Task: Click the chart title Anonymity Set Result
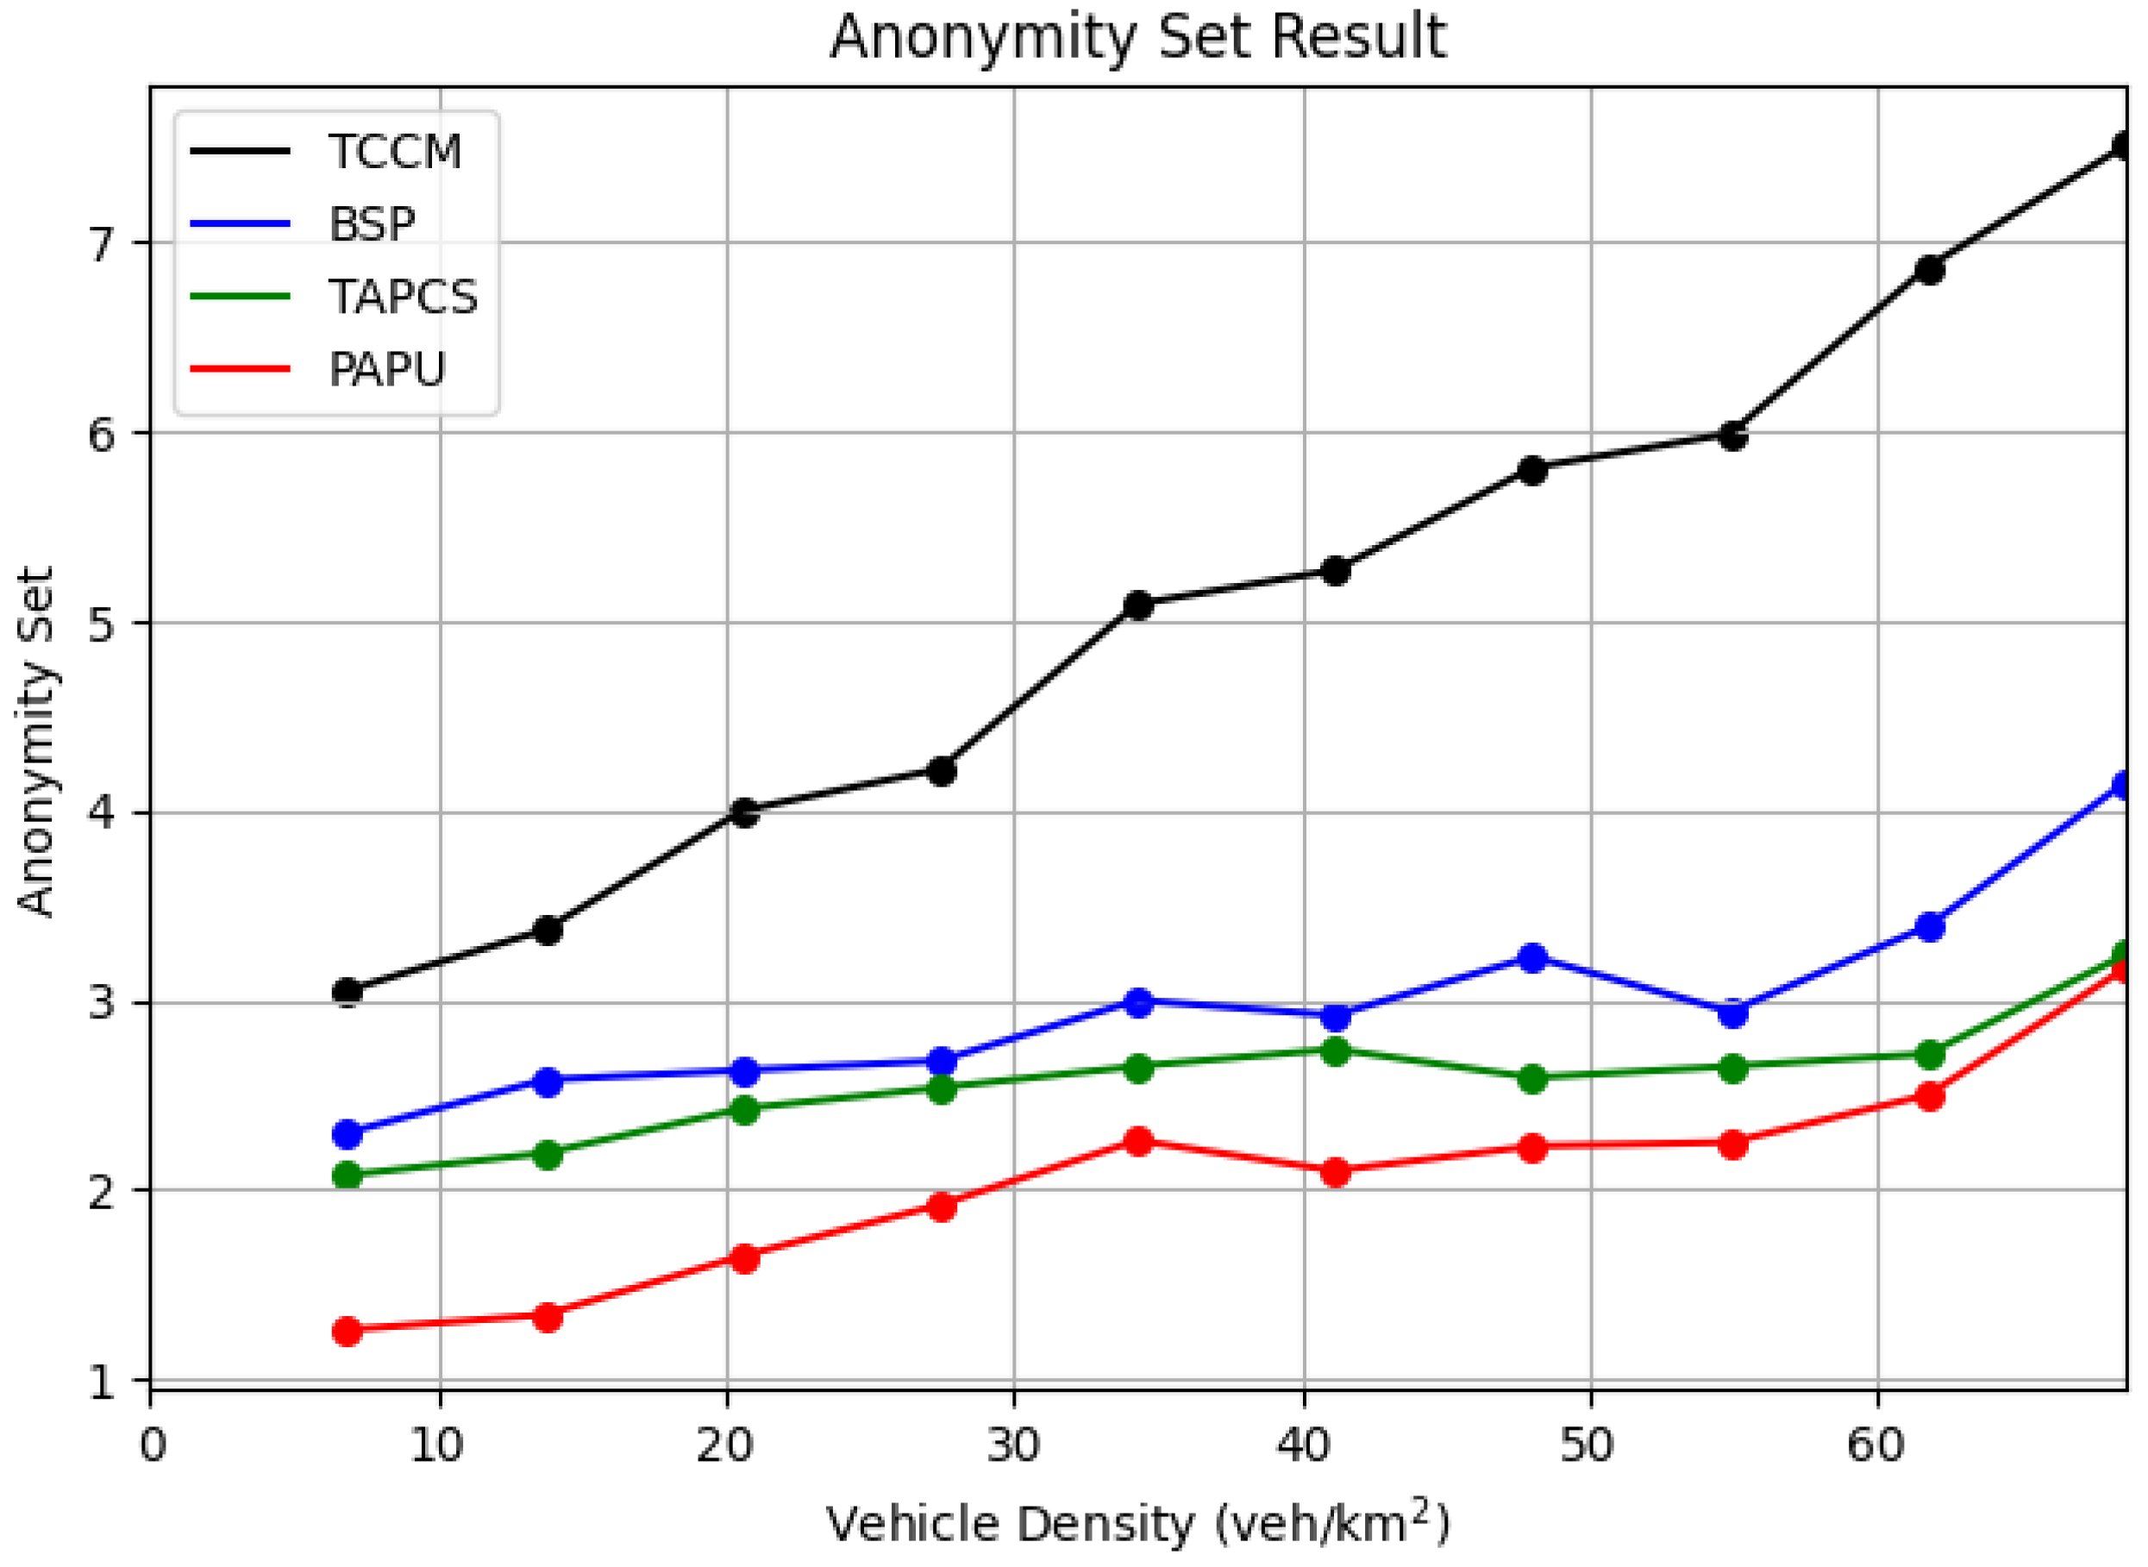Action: (x=1137, y=38)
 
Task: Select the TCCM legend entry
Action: (x=393, y=152)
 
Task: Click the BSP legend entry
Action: (x=371, y=225)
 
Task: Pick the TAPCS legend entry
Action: (x=402, y=297)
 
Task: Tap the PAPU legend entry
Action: (x=386, y=369)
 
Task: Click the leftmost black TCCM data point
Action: (x=348, y=992)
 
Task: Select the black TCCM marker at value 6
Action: (x=1732, y=436)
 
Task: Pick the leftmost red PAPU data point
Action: (x=348, y=1331)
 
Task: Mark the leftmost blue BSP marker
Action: (x=348, y=1133)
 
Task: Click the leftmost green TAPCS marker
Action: (x=348, y=1175)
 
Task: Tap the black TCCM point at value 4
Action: (x=744, y=813)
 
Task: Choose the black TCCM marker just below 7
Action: (x=1929, y=270)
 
